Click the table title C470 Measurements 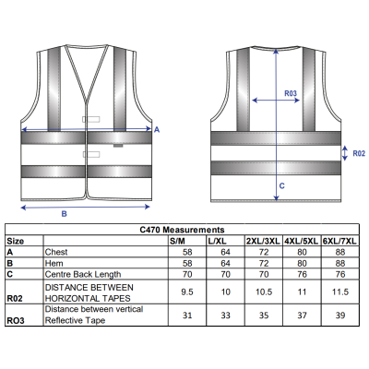(x=182, y=230)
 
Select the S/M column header (x=177, y=241)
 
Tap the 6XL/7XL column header (x=339, y=241)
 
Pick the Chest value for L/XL (x=225, y=252)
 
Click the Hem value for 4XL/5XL (x=302, y=264)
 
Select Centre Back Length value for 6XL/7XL (x=340, y=274)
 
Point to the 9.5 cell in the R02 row (x=187, y=292)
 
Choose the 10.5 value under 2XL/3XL (x=264, y=292)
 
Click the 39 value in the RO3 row (x=340, y=315)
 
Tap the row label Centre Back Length (x=83, y=274)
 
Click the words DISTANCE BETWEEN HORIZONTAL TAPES (x=89, y=292)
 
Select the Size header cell (x=16, y=241)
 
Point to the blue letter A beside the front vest (x=157, y=130)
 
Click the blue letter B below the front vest (x=64, y=214)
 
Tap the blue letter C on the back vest (x=281, y=185)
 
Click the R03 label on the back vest (x=291, y=93)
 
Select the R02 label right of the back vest (x=359, y=153)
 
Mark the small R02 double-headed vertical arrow (x=345, y=153)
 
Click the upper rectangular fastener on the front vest (x=91, y=119)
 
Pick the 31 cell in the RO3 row (x=187, y=315)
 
